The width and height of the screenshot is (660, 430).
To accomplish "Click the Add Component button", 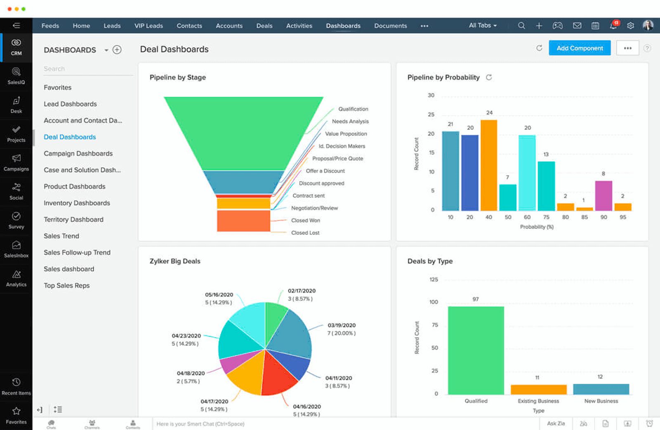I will click(x=579, y=48).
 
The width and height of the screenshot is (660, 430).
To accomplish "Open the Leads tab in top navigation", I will click(x=112, y=26).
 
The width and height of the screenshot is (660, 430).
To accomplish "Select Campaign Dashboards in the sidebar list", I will click(x=78, y=153).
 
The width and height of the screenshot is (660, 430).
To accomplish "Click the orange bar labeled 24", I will click(x=489, y=165).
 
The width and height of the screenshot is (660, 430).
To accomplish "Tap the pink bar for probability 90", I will click(x=603, y=195).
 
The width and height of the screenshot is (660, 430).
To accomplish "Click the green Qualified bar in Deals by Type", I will click(x=476, y=350).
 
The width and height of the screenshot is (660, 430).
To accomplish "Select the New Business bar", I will click(x=601, y=389).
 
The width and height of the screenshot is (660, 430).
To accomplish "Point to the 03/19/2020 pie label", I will click(x=342, y=325).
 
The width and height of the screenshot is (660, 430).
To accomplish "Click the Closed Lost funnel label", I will click(x=305, y=233).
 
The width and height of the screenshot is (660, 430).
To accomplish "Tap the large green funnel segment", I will click(x=243, y=132).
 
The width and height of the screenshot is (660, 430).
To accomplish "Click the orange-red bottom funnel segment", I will click(x=243, y=221).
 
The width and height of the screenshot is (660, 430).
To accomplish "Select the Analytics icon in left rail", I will click(x=16, y=278).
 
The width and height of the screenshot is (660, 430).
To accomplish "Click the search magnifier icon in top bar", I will click(x=521, y=26).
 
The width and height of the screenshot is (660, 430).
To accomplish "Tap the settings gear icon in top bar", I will click(x=630, y=26).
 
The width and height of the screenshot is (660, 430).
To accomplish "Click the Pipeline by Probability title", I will click(x=443, y=77).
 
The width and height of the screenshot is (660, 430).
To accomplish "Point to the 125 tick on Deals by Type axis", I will click(x=434, y=280).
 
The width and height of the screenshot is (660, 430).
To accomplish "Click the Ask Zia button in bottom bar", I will click(x=556, y=423).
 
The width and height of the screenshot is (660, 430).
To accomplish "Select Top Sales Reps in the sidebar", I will click(x=66, y=285).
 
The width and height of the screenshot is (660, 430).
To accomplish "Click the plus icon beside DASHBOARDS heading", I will click(x=117, y=50).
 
